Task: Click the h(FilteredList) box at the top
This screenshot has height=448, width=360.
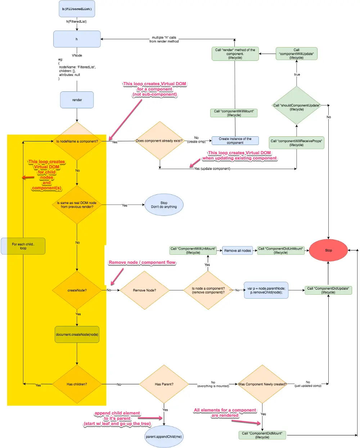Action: click(77, 9)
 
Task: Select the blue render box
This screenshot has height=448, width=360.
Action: click(77, 100)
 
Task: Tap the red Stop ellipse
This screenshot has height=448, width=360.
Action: click(328, 250)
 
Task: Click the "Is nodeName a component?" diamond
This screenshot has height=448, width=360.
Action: click(77, 141)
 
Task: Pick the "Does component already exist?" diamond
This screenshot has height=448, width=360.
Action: click(160, 141)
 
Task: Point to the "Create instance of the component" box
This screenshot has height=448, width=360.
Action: click(235, 141)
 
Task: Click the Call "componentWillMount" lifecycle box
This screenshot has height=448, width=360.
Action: click(234, 113)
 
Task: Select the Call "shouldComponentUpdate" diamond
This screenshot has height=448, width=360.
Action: click(296, 105)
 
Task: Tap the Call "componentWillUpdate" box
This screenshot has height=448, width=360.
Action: click(296, 54)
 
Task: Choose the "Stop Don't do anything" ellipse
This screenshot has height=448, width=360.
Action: click(164, 204)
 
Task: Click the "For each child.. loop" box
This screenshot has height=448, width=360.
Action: click(23, 246)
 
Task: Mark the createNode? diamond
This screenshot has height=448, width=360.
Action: click(77, 290)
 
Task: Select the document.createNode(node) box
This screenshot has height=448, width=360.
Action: click(77, 334)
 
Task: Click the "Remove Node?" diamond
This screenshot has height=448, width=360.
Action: click(144, 290)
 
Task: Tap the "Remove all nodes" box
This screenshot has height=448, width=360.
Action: click(237, 250)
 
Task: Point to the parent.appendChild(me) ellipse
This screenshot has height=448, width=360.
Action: click(164, 436)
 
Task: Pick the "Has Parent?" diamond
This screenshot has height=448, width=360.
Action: click(164, 384)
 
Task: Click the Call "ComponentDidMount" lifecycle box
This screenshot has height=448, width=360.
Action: click(262, 435)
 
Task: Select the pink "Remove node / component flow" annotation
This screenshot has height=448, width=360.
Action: click(142, 262)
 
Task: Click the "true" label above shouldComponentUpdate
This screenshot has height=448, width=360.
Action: click(297, 74)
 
